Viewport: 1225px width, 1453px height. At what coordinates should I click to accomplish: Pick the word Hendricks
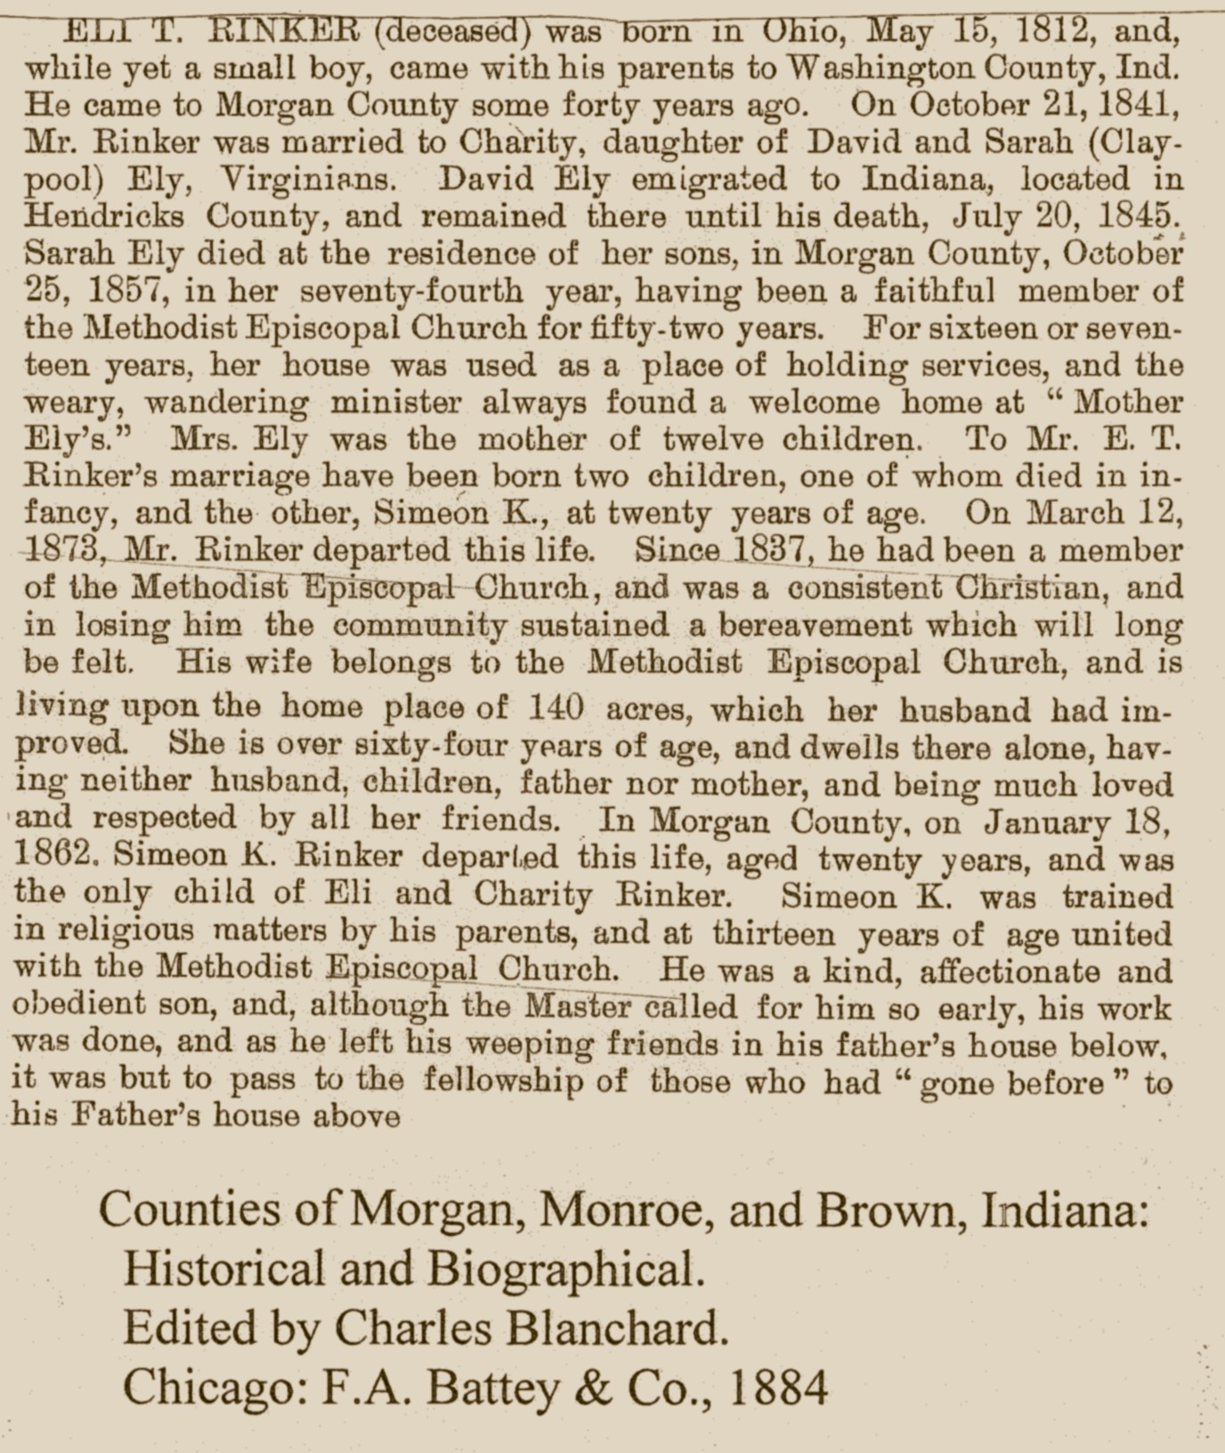[x=105, y=216]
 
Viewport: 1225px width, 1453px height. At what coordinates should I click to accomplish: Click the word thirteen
[x=773, y=934]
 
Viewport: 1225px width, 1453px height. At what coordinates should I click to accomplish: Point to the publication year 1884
[x=777, y=1387]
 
